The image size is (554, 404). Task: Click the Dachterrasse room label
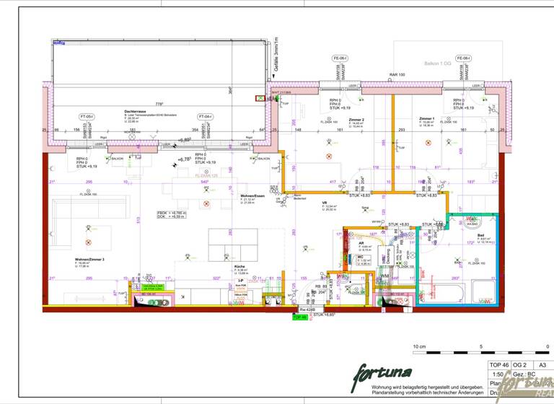click(x=136, y=111)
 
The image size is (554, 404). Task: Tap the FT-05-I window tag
click(x=87, y=116)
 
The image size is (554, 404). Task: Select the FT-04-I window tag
click(x=206, y=116)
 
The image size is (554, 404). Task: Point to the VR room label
click(x=325, y=203)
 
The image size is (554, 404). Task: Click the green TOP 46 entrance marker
click(x=299, y=317)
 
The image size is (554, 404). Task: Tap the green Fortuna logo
click(x=382, y=373)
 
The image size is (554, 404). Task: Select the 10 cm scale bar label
click(x=419, y=346)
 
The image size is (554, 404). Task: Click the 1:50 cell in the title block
click(x=496, y=375)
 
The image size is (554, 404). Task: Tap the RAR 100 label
click(x=397, y=74)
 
